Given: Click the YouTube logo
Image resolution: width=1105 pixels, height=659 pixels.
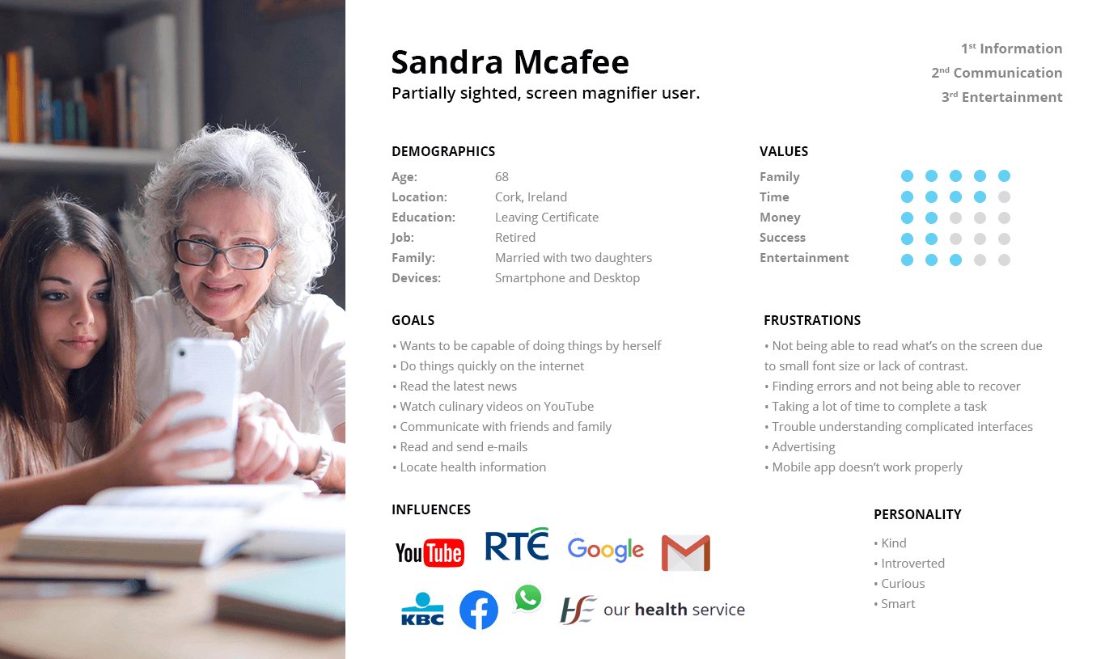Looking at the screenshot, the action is pos(430,552).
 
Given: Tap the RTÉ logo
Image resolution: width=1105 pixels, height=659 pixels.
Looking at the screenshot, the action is pos(516,544).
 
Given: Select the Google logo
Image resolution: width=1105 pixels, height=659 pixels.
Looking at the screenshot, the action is pos(605,550).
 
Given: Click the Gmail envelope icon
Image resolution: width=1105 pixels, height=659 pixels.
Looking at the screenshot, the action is pos(686,553).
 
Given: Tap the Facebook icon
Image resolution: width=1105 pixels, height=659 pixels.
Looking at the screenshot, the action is pos(479,610).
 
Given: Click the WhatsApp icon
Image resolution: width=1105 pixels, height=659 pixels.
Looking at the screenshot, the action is pos(528,598).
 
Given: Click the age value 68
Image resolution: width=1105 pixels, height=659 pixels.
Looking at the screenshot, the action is pos(502,176).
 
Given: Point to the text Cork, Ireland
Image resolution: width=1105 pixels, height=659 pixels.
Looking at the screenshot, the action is pos(531,196).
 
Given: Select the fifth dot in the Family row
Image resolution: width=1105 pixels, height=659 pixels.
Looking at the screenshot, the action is pos(1004,176).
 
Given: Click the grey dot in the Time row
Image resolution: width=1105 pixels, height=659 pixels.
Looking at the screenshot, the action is pos(1004,197).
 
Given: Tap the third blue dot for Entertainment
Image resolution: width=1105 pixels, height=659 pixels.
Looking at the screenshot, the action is pos(955,260).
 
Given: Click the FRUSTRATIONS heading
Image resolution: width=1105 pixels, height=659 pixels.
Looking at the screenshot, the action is pos(812,321).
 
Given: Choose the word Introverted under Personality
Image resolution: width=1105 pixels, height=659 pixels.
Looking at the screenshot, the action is pos(912,564).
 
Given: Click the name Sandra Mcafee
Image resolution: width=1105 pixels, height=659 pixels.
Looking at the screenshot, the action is pos(510,62).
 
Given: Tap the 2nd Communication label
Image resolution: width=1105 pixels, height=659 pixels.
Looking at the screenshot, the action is pos(997,73).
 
